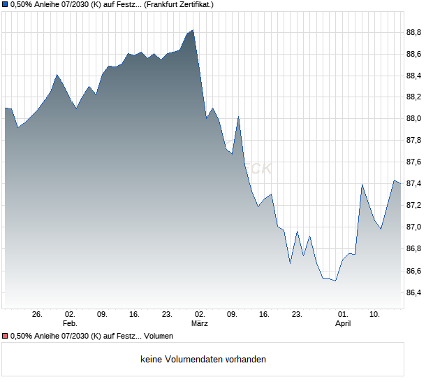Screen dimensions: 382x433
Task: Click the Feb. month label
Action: (69, 323)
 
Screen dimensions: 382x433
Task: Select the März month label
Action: (200, 323)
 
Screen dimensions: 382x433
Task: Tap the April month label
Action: (343, 323)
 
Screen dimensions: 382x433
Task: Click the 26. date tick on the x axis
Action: (38, 314)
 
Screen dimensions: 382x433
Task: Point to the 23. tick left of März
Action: (167, 314)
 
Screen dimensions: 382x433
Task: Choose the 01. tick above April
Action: (343, 314)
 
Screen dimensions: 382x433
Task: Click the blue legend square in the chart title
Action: (6, 4)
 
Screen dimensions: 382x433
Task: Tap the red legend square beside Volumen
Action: (6, 337)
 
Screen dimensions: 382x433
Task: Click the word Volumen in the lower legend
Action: (158, 337)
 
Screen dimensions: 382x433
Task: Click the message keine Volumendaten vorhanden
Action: (203, 360)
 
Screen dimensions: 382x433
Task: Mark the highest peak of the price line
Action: (193, 30)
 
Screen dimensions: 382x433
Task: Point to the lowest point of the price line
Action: (336, 281)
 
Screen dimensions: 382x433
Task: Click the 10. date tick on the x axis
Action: (375, 314)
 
